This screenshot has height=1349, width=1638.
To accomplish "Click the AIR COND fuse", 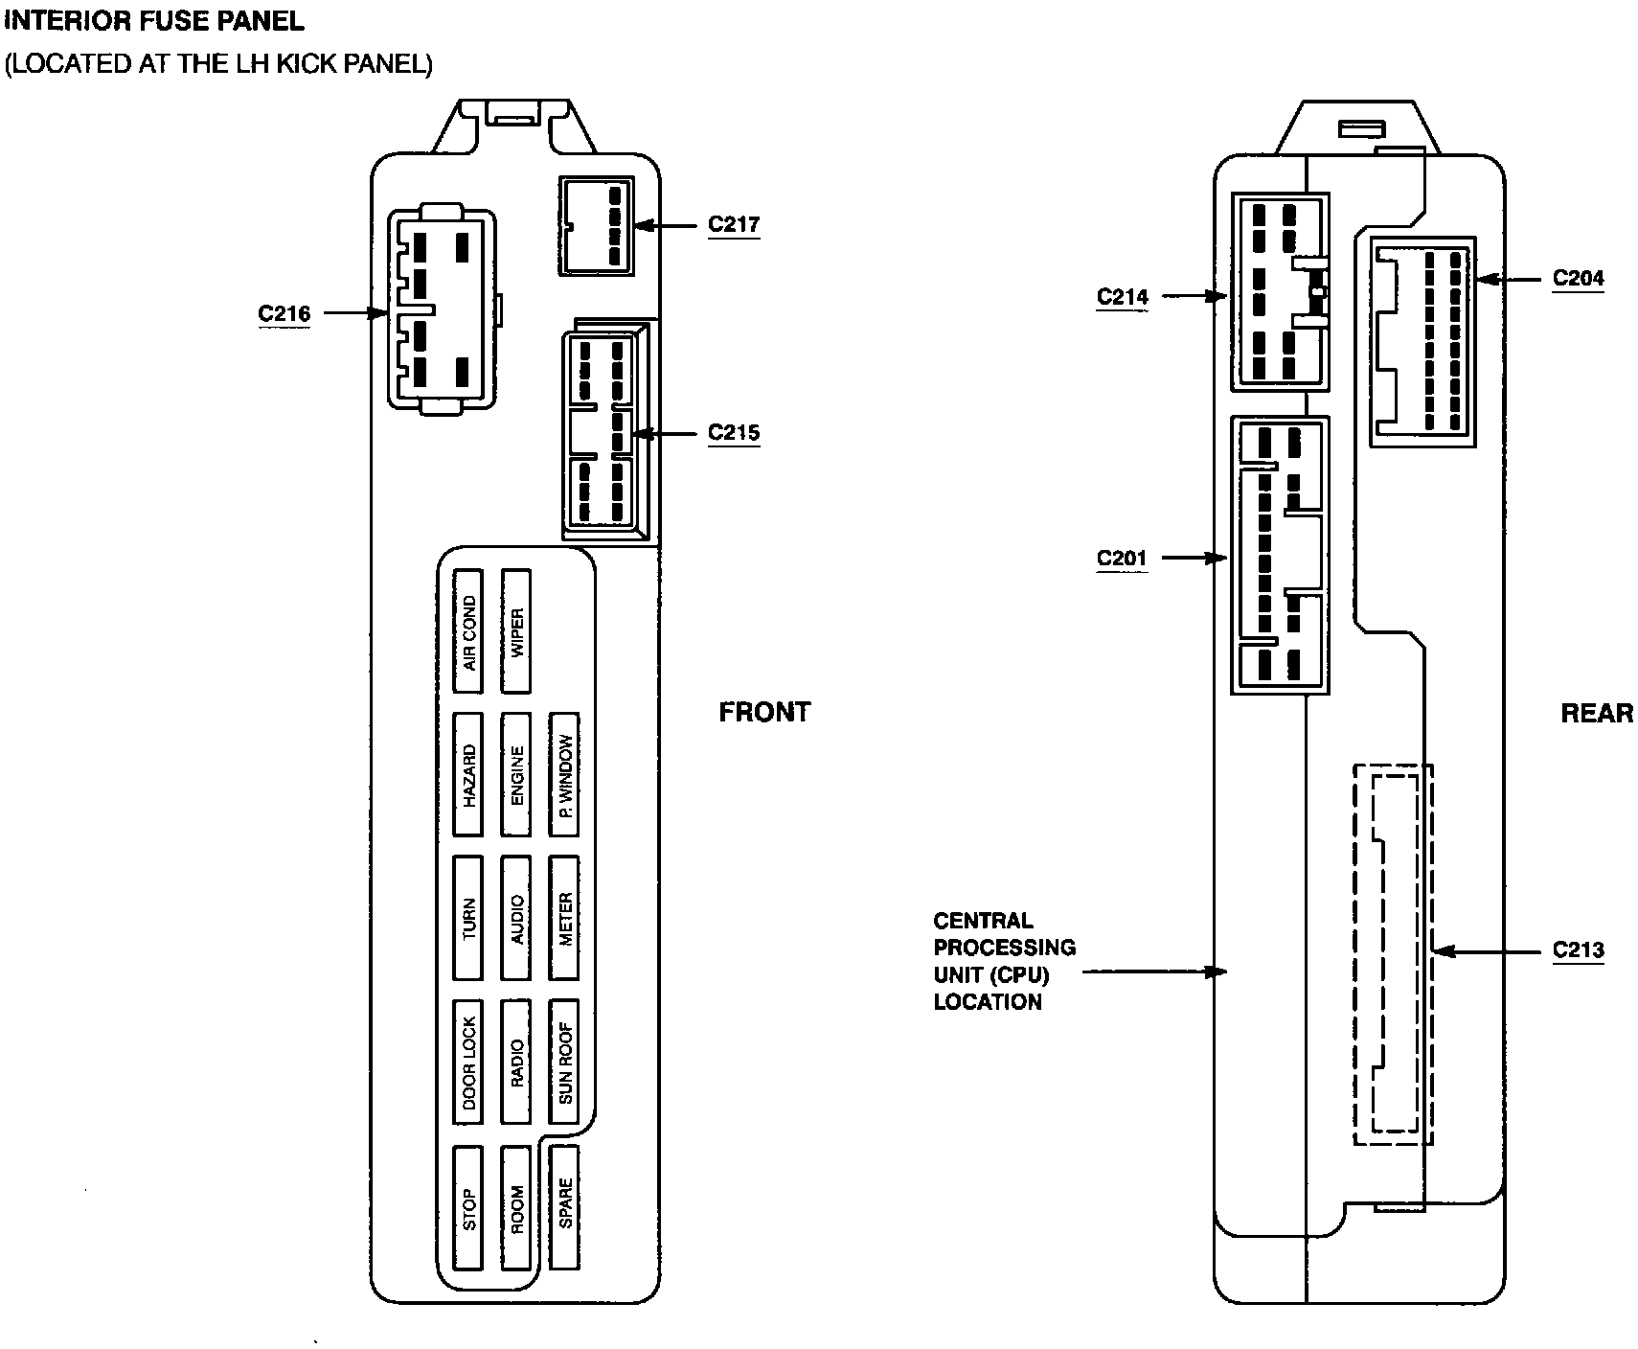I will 468,632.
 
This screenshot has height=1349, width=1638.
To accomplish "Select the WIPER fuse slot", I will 516,632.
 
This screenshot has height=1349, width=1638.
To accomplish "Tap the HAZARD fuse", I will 468,774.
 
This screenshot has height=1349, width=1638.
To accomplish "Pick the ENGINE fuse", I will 516,774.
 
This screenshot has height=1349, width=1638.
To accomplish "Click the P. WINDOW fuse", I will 564,774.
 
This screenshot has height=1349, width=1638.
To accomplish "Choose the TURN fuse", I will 468,918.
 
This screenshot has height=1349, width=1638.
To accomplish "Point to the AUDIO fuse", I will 516,918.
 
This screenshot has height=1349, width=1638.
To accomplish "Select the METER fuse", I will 564,918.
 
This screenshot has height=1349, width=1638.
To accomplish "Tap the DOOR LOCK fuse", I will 468,1062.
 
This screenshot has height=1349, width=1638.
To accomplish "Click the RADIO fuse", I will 516,1062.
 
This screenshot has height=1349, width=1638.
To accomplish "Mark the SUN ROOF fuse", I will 564,1062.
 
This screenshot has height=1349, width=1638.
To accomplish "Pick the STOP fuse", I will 468,1208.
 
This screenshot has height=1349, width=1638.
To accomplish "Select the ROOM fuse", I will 516,1208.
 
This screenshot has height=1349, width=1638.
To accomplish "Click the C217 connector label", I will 734,224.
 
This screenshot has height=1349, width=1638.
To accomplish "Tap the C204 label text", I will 1578,279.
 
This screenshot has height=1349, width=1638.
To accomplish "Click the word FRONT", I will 764,712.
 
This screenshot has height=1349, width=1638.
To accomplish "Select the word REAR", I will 1597,713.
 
